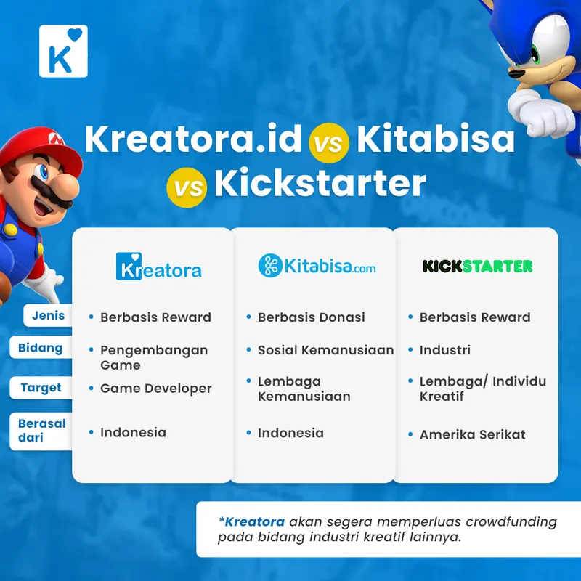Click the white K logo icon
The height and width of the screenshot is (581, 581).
[63, 51]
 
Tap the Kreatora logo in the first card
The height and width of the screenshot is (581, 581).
[158, 267]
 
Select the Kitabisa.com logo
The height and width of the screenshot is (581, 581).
[317, 266]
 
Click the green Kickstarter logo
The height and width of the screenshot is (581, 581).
[477, 266]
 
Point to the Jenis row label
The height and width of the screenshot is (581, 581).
[48, 315]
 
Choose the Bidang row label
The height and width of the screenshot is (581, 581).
[40, 347]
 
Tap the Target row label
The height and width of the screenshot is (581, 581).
[41, 387]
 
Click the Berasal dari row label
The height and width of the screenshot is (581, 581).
[41, 430]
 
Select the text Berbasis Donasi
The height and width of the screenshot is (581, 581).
[311, 317]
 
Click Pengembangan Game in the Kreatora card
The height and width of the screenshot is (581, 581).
[153, 357]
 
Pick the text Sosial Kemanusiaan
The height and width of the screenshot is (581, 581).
[325, 350]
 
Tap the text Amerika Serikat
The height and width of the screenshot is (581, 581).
[472, 434]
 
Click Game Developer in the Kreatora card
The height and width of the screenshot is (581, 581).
[155, 389]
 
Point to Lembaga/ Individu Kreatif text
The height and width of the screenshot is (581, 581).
[482, 389]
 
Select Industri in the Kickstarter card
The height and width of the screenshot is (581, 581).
[444, 350]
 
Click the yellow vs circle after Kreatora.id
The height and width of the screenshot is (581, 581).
[328, 142]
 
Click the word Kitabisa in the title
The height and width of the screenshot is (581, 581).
[435, 139]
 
